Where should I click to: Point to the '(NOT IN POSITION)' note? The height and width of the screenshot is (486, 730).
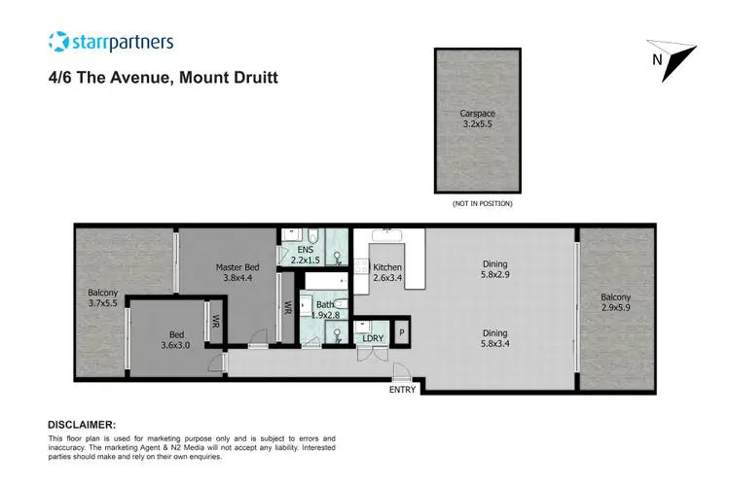pyautogui.click(x=482, y=203)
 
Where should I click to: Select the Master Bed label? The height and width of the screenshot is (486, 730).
pyautogui.click(x=237, y=273)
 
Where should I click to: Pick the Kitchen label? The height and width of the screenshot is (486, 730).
pyautogui.click(x=387, y=274)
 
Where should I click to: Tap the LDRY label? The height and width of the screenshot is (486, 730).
pyautogui.click(x=371, y=338)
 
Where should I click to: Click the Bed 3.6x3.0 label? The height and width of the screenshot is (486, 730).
pyautogui.click(x=175, y=336)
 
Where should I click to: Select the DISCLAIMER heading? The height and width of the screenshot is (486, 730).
pyautogui.click(x=82, y=425)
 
